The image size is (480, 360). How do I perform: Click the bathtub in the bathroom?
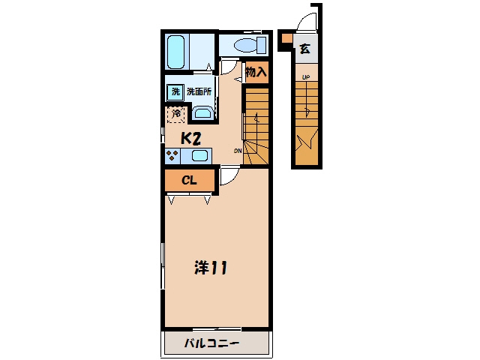point(176,52)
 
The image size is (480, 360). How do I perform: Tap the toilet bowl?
point(246,46)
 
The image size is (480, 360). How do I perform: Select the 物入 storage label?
point(256,72)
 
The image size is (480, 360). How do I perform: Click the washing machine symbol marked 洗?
point(175,91)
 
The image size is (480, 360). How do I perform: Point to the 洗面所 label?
point(199,91)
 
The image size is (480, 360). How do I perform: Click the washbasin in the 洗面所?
point(202,112)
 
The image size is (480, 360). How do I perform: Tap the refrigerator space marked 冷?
point(176,114)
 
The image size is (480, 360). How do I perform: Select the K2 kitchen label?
point(190,139)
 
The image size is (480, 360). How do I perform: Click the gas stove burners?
point(172,155)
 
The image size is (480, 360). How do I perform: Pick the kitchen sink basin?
point(199,156)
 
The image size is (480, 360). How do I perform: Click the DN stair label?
point(238,151)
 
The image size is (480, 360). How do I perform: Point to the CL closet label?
point(189,180)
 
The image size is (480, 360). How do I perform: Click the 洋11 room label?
point(211,268)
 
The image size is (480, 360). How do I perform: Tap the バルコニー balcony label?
point(211,343)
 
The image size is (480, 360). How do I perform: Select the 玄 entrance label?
point(305,49)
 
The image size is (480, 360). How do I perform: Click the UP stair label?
point(306,77)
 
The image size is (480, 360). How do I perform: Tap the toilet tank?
point(262,45)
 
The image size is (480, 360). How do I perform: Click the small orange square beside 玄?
point(287,38)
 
